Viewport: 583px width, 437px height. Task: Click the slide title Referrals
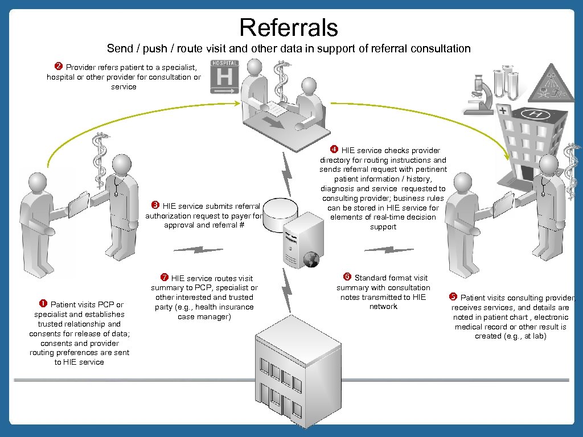[x=289, y=27]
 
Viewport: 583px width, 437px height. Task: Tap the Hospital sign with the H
[x=224, y=76]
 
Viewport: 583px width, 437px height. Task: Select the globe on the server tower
[x=310, y=260]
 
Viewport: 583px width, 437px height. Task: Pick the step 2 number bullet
[x=58, y=67]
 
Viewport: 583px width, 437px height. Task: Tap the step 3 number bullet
[x=154, y=206]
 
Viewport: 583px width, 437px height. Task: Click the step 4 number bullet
[x=334, y=150]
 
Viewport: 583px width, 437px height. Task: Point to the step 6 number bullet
[x=347, y=278]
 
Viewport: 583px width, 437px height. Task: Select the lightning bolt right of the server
[x=389, y=249]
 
